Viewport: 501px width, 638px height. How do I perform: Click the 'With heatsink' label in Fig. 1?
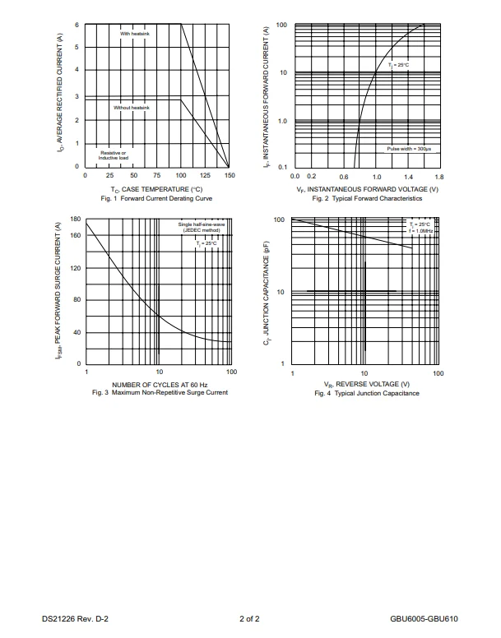click(135, 33)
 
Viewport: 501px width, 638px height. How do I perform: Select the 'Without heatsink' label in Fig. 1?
click(132, 108)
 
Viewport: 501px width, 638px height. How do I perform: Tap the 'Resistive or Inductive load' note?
click(114, 155)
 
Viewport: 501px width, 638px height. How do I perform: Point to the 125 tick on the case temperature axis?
click(205, 175)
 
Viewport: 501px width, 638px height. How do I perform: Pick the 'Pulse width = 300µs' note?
click(409, 149)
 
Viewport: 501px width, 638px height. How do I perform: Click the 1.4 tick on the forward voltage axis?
click(408, 177)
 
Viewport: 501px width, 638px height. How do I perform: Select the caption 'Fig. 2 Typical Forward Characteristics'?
click(368, 198)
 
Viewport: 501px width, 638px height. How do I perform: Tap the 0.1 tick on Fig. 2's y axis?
click(281, 167)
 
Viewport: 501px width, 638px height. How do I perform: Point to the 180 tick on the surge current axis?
click(76, 220)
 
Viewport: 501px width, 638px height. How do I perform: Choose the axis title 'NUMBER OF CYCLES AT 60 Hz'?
click(160, 384)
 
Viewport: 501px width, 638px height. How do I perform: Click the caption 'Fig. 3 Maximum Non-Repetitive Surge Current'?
click(160, 392)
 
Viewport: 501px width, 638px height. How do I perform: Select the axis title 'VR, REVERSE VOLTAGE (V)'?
click(366, 384)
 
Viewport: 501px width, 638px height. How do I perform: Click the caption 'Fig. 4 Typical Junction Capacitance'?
click(367, 393)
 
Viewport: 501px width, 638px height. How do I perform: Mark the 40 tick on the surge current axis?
click(77, 332)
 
